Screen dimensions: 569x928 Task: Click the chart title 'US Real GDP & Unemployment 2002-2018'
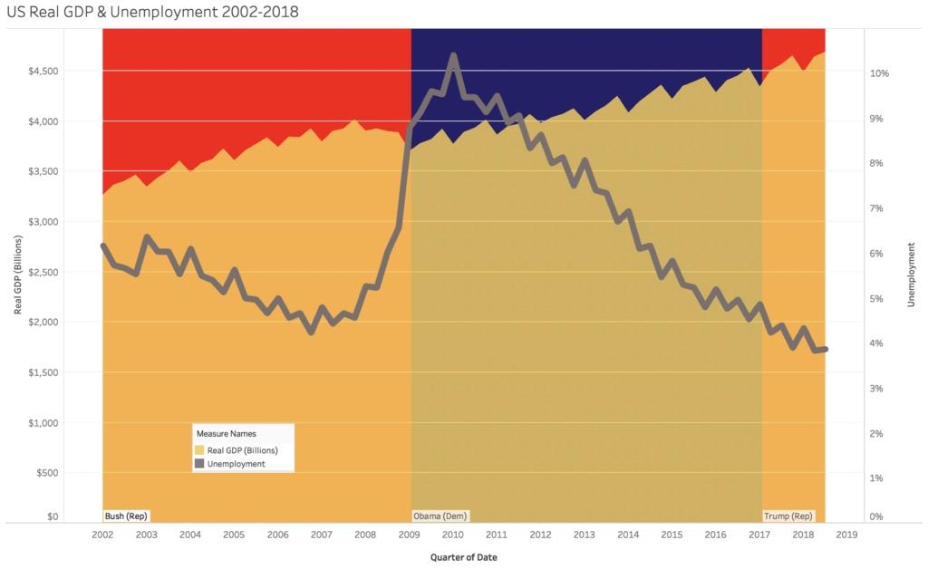(x=151, y=12)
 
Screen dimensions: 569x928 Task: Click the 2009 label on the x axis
(x=409, y=535)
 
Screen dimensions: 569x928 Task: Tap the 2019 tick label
(x=846, y=535)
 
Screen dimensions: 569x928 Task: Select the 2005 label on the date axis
(x=233, y=535)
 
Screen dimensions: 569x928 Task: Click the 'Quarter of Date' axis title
(x=463, y=556)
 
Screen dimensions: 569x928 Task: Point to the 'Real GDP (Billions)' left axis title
(x=17, y=272)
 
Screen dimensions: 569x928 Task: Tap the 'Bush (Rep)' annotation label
(x=126, y=516)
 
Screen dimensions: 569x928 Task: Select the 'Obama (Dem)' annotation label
(x=440, y=516)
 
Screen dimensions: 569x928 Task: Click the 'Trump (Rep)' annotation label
(x=788, y=516)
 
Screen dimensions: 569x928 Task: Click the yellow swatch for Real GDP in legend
(x=200, y=449)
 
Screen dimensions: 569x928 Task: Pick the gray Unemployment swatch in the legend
(x=200, y=463)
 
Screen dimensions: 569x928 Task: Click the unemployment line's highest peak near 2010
(x=453, y=56)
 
